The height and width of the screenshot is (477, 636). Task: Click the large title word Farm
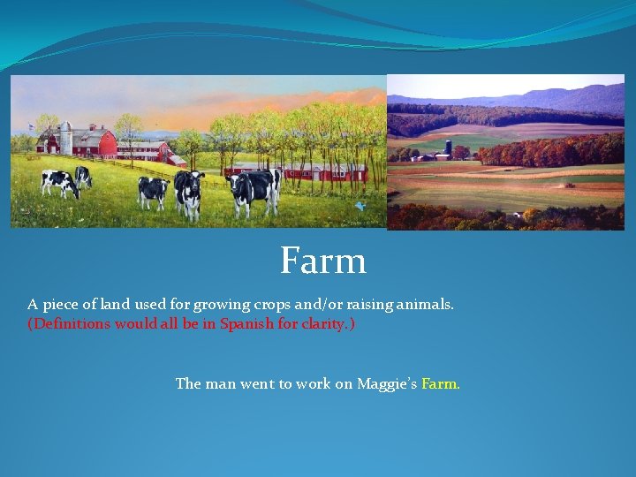[323, 261]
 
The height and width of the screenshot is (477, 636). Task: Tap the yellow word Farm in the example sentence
[441, 383]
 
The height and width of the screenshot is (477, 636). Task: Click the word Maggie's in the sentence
[387, 383]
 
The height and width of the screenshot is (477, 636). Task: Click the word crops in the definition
[261, 304]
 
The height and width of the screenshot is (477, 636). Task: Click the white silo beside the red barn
[65, 139]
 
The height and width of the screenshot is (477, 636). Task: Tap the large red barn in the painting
[97, 142]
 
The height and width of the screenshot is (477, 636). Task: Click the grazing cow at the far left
[58, 182]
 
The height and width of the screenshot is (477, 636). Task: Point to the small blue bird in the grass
[360, 205]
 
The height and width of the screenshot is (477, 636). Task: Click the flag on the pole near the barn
[34, 126]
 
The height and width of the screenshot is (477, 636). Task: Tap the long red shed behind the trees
[296, 171]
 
